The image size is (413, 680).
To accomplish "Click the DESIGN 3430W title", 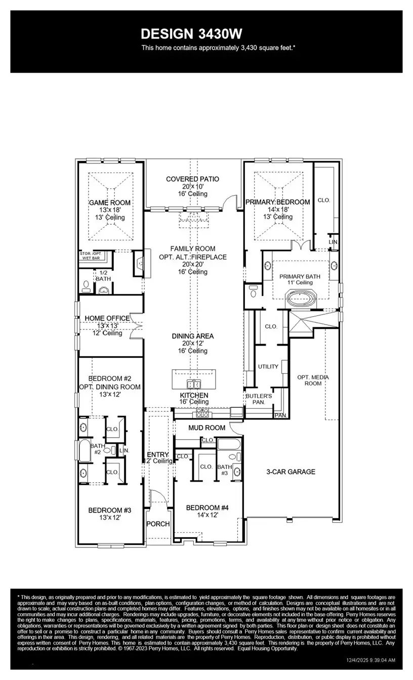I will point(192,34).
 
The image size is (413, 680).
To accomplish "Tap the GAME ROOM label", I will point(109,202).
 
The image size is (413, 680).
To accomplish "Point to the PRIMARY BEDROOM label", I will point(277,202).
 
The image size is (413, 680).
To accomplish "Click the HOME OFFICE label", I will point(107,318).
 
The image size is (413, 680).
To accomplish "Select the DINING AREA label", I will point(192,336).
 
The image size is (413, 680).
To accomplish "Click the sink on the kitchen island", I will point(193,383).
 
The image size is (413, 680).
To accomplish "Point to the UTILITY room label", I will point(268,366).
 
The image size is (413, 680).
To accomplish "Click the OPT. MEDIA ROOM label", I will point(309,379).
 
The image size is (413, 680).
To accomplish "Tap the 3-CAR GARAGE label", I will point(291,472).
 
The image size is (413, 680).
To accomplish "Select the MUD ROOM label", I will point(206,428).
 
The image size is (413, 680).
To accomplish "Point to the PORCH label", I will point(158,524).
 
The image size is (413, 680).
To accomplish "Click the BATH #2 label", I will point(97,449).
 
